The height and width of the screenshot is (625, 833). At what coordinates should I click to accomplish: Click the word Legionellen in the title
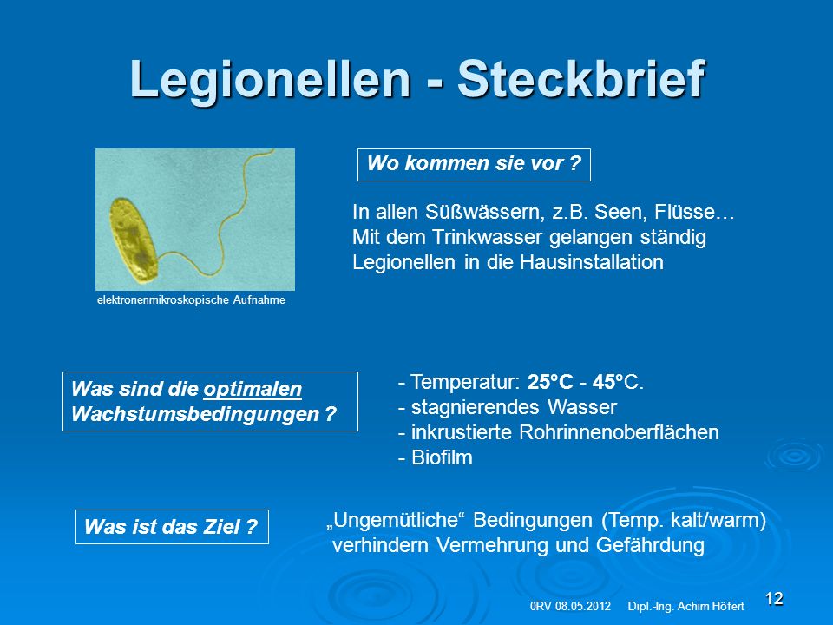coord(271,81)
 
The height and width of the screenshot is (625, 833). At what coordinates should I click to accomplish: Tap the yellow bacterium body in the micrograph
coord(134,240)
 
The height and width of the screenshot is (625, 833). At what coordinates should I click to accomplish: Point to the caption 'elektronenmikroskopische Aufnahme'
coord(191,300)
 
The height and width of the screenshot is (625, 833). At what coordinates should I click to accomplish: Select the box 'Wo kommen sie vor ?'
coord(474,165)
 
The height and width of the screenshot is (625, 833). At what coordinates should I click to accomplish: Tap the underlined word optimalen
coord(253,389)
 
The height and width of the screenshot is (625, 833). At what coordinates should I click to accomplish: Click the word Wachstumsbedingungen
coord(195,414)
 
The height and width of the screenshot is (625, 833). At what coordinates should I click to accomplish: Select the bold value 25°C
coord(550,382)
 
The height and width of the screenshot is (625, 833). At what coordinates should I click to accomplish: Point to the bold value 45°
coord(607,382)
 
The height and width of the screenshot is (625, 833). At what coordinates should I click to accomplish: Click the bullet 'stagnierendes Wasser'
coord(508,407)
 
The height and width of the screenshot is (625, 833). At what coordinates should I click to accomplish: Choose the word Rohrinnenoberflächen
coord(619,432)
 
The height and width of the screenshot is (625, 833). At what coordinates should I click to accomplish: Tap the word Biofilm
coord(442,457)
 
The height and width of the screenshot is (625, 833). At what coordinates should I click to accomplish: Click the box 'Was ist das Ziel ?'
coord(172,527)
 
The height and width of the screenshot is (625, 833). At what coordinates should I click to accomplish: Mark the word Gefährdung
coord(650,545)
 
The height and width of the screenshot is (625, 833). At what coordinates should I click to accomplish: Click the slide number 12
coord(774,598)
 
